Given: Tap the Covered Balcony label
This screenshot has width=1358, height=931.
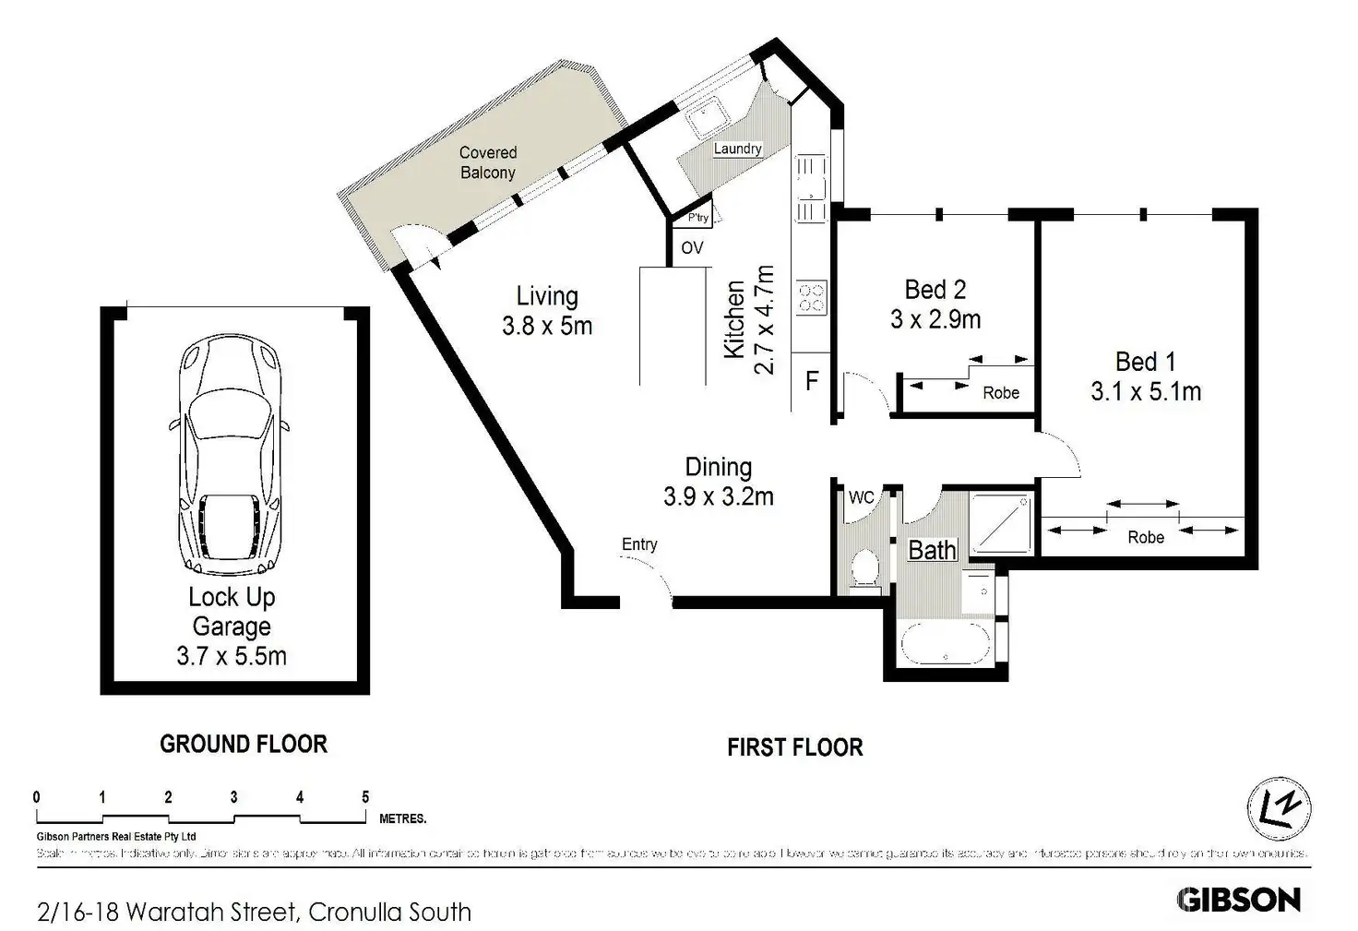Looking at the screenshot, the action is (488, 162).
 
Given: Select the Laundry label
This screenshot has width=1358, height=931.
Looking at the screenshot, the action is (738, 149).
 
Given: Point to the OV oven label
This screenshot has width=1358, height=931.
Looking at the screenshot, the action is (692, 247).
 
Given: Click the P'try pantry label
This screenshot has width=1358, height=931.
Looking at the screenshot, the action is (698, 219).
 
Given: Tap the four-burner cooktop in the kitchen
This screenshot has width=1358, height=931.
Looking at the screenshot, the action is (811, 297).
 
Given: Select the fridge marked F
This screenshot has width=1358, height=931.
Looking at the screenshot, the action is (812, 380).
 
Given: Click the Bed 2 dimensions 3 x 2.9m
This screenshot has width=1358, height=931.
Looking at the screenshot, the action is (935, 319).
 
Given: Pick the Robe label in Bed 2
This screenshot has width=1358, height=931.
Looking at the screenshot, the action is (1001, 393).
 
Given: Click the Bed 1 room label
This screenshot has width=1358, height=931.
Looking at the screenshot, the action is (1146, 361).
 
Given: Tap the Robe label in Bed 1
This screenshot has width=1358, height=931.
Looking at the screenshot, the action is (1146, 537).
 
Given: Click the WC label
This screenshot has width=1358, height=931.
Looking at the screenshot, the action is (861, 498).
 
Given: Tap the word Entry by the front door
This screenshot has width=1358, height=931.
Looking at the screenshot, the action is (639, 544).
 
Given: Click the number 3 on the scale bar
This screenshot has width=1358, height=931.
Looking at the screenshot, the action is (234, 797).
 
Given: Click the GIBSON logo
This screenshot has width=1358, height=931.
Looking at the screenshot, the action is (1238, 900).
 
